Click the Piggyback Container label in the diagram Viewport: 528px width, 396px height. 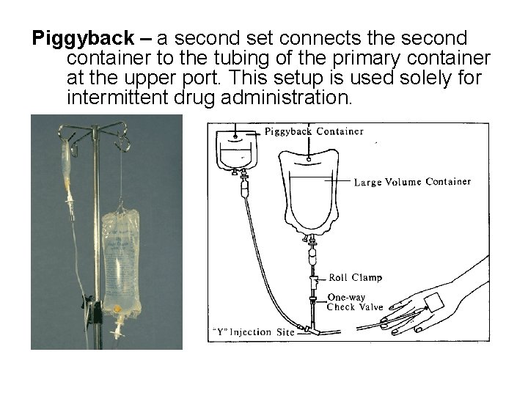click(x=314, y=132)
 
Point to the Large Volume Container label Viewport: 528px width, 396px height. click(x=412, y=181)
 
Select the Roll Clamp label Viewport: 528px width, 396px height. click(x=355, y=278)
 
